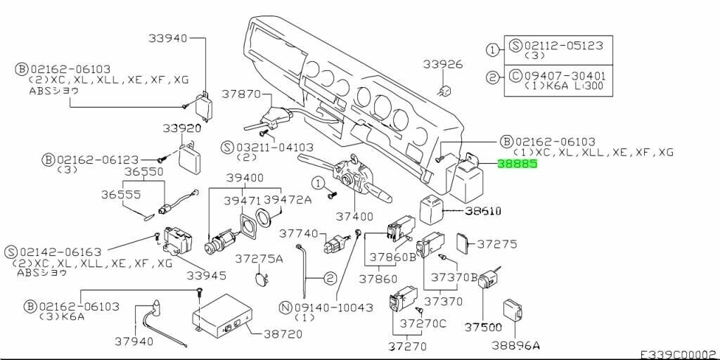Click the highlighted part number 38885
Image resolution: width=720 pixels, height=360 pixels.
coord(517,165)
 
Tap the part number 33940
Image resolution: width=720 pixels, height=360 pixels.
coord(167,38)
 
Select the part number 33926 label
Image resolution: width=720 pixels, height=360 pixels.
coord(443,65)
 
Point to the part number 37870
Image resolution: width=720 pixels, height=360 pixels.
coord(241,94)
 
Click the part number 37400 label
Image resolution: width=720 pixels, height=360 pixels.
coord(354,217)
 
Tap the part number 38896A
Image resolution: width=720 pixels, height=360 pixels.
coord(516,345)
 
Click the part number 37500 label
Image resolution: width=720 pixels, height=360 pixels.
coord(484,327)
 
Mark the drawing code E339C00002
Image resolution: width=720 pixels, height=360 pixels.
coord(677,354)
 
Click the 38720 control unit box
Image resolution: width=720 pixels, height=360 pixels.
coord(224,315)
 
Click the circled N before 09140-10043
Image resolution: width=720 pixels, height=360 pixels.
coord(285,307)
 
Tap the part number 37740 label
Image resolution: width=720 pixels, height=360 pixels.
coord(300,233)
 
